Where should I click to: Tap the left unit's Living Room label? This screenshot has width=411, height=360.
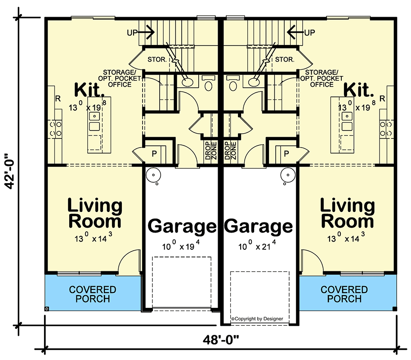pyautogui.click(x=94, y=213)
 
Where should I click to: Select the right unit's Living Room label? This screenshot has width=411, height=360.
pyautogui.click(x=347, y=213)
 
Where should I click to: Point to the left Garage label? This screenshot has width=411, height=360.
pyautogui.click(x=182, y=226)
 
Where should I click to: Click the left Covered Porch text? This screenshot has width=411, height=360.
pyautogui.click(x=93, y=294)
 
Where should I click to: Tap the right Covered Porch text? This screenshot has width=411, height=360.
pyautogui.click(x=344, y=294)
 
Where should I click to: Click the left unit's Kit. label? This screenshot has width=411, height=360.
pyautogui.click(x=89, y=90)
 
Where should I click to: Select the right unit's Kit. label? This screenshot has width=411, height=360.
pyautogui.click(x=359, y=90)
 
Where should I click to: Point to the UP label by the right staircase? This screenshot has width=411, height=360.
pyautogui.click(x=310, y=32)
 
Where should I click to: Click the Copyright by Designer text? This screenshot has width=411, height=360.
pyautogui.click(x=257, y=319)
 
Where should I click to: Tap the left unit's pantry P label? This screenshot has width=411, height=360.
pyautogui.click(x=154, y=153)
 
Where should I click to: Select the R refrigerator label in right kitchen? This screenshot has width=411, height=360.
pyautogui.click(x=382, y=99)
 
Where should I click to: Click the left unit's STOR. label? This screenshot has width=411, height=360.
pyautogui.click(x=157, y=59)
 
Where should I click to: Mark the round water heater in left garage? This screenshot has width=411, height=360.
pyautogui.click(x=154, y=175)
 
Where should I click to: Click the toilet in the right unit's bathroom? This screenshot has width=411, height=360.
pyautogui.click(x=232, y=84)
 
